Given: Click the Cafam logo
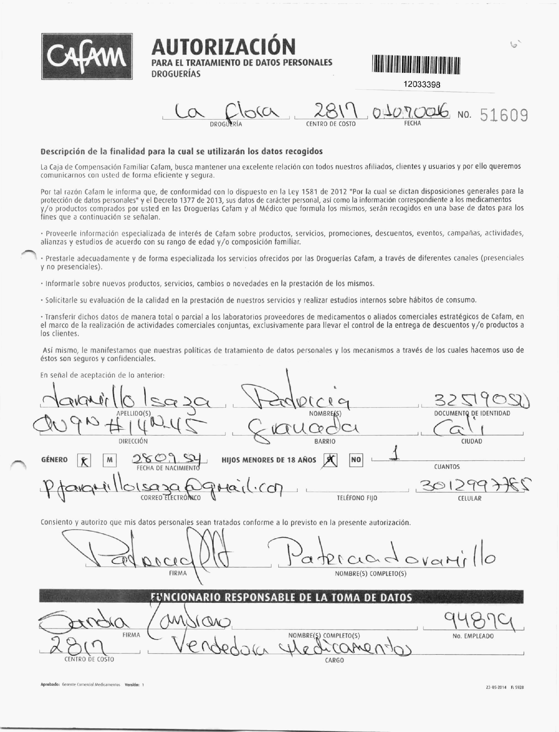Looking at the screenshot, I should (x=87, y=57).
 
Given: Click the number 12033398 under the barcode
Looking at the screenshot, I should (x=422, y=84).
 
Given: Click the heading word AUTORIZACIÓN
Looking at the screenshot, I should (x=223, y=47).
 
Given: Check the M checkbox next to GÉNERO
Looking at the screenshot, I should (x=110, y=460).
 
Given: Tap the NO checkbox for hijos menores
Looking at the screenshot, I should (x=356, y=460).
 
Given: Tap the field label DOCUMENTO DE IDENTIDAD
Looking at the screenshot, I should (x=472, y=413).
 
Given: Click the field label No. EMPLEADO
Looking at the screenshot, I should (x=473, y=636).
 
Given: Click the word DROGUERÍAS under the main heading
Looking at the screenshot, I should (x=176, y=74).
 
